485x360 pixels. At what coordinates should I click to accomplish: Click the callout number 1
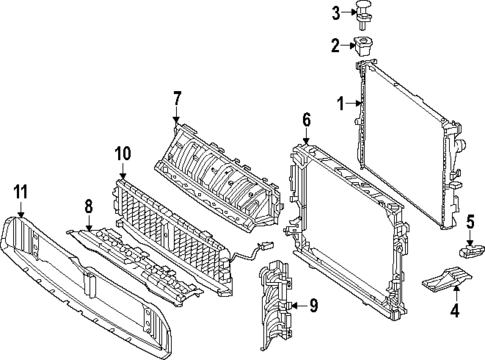click(x=340, y=101)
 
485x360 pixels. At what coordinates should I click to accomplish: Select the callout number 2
click(x=337, y=45)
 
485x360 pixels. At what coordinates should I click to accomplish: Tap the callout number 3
click(x=337, y=12)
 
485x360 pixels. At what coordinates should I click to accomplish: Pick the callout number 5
click(x=470, y=221)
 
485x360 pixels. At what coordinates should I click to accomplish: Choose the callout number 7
click(x=176, y=98)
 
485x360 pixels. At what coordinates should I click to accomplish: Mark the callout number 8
click(x=88, y=207)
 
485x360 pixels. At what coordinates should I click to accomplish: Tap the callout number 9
click(x=312, y=305)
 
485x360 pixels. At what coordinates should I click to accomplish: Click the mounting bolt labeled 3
click(x=365, y=13)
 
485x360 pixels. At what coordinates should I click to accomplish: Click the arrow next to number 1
click(x=352, y=101)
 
